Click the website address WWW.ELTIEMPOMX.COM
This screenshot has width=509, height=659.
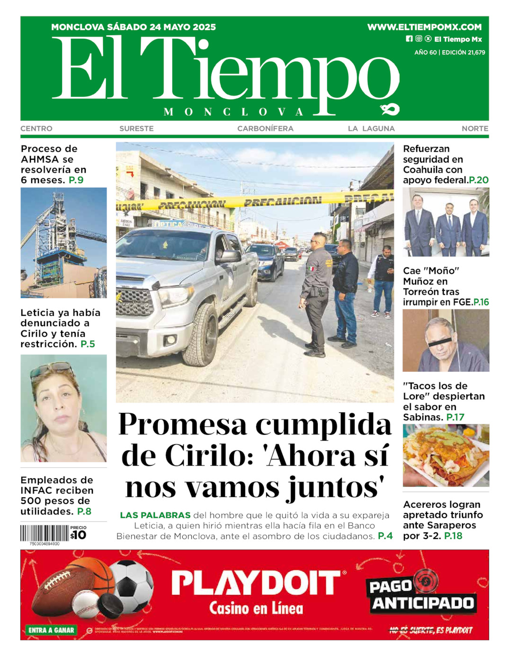(424, 27)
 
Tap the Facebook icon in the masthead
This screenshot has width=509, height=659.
(409, 39)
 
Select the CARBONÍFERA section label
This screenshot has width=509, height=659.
(265, 128)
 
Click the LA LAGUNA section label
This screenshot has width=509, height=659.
(371, 128)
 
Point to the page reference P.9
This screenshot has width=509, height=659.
(76, 180)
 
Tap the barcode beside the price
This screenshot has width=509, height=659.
(44, 533)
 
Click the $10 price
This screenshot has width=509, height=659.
(79, 535)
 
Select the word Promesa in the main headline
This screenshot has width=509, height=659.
(183, 424)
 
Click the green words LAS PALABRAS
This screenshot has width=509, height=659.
(155, 515)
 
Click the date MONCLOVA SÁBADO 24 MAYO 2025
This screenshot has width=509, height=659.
(134, 27)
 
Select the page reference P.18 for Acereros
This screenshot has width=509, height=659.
(453, 536)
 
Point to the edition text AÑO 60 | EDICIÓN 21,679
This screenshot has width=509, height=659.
(449, 53)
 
